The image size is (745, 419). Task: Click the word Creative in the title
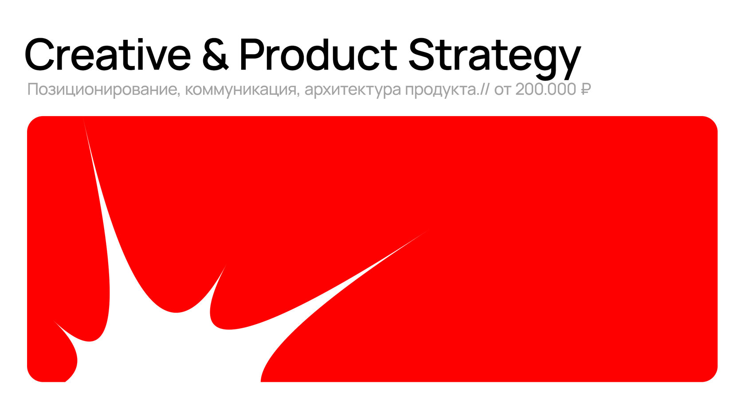(x=108, y=55)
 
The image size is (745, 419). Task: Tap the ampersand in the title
(x=216, y=55)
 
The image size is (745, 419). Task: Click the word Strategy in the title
(x=494, y=59)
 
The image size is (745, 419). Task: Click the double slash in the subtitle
(x=484, y=90)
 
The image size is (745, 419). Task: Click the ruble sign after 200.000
(x=585, y=90)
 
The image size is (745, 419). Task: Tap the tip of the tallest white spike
(x=83, y=118)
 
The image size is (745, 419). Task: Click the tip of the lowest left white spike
(x=52, y=320)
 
